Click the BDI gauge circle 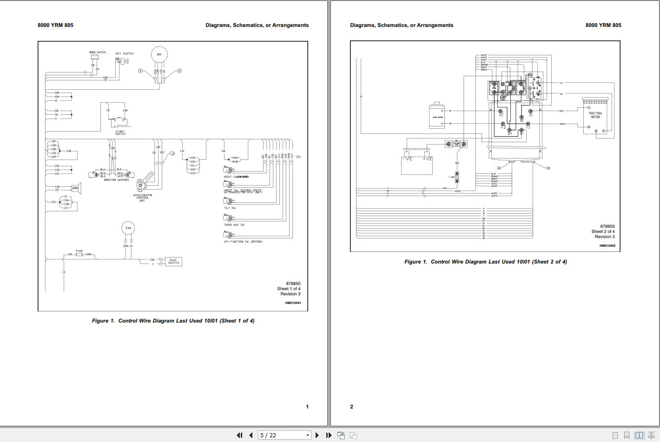click(x=159, y=55)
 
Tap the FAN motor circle click(x=128, y=228)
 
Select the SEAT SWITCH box click(x=173, y=262)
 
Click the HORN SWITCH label click(x=98, y=53)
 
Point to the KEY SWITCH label click(x=125, y=53)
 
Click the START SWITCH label click(x=120, y=133)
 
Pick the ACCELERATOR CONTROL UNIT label click(x=143, y=198)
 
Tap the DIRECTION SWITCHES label click(x=116, y=180)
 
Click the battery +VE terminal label click(x=427, y=159)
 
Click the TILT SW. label click(x=230, y=208)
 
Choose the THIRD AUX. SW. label click(x=235, y=225)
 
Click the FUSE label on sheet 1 click(x=79, y=251)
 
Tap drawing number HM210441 click(x=293, y=303)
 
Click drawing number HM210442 click(x=607, y=246)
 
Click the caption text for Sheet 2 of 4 click(x=485, y=262)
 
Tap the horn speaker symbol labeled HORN click(x=76, y=188)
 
